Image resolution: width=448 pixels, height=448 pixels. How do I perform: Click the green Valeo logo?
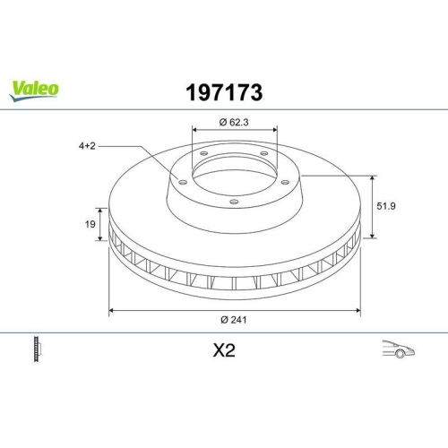(35, 88)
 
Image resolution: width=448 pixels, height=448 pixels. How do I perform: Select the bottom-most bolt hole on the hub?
(234, 202)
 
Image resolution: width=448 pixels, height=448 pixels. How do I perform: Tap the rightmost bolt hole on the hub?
(284, 182)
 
